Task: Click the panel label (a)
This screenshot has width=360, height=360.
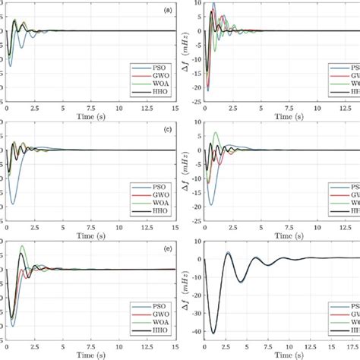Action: point(166,11)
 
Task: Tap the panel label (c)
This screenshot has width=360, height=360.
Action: point(166,130)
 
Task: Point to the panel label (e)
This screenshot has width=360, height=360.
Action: point(166,249)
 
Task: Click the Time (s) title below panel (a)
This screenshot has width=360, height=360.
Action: point(91,117)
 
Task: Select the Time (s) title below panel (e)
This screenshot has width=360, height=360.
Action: point(91,355)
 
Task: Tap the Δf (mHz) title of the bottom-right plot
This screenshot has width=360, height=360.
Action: point(185,289)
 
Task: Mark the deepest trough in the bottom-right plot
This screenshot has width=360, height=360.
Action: point(213,333)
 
